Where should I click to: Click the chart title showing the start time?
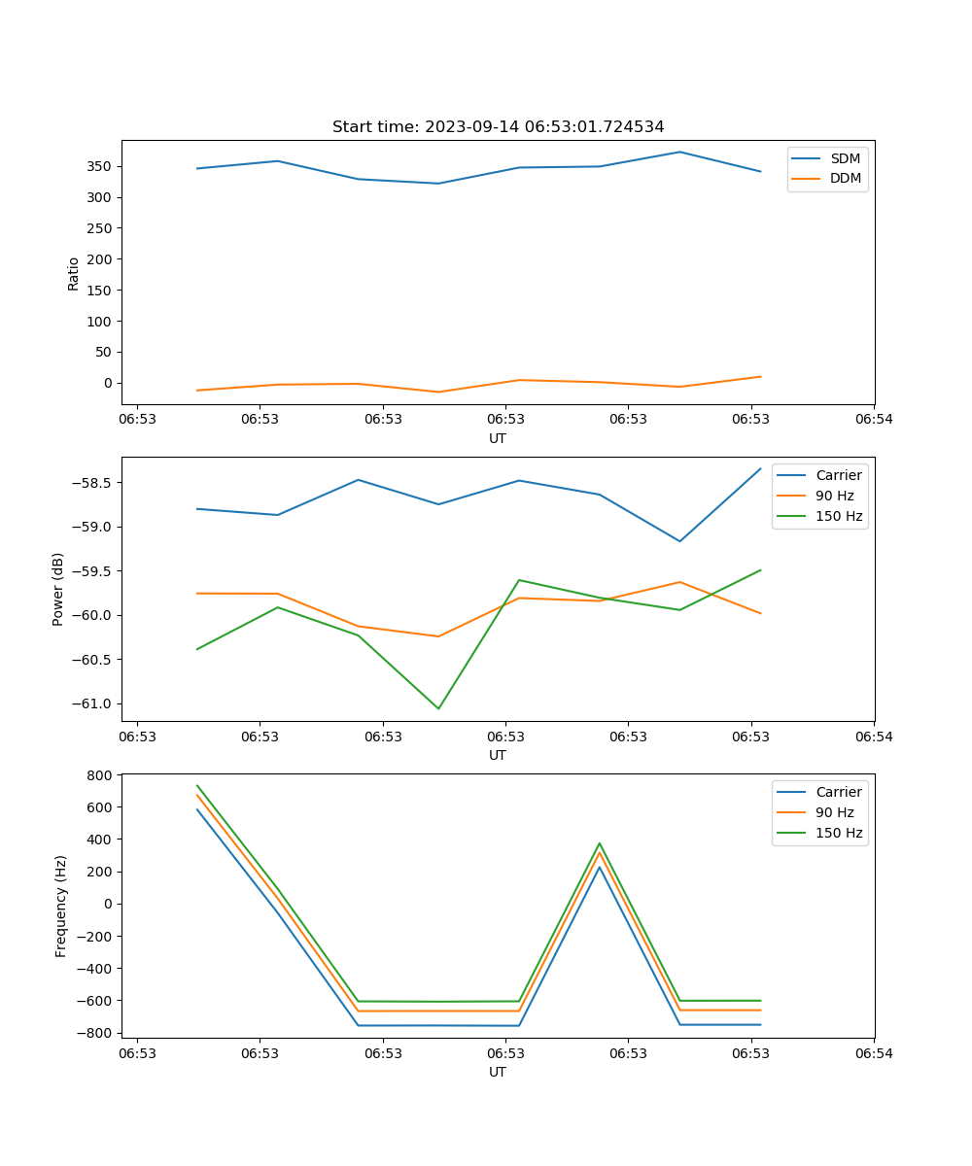(x=498, y=127)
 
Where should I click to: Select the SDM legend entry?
(x=845, y=158)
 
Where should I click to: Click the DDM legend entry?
(x=845, y=178)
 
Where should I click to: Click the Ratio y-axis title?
(x=73, y=273)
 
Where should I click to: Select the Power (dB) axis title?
(x=58, y=589)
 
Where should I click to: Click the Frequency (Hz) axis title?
(x=60, y=906)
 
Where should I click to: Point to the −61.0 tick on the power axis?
(x=94, y=703)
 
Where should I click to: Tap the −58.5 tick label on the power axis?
(x=94, y=483)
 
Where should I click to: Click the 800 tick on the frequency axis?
(x=100, y=774)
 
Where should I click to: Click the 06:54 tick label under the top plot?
(x=874, y=420)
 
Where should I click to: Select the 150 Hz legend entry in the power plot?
(x=839, y=516)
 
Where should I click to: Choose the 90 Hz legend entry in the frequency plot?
(x=835, y=812)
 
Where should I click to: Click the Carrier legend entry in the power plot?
(x=838, y=475)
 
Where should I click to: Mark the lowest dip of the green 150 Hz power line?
(x=438, y=708)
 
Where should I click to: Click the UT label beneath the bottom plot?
(x=498, y=1072)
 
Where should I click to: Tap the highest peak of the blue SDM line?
(x=679, y=152)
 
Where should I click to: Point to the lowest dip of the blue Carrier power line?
(x=679, y=541)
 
